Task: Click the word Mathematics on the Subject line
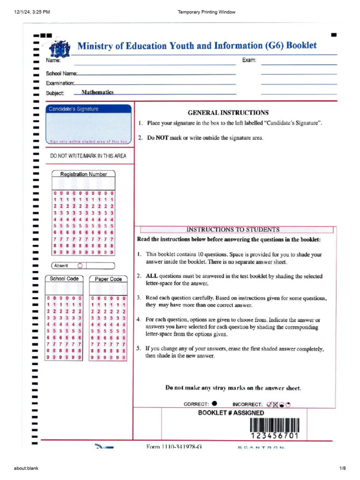tap(97, 93)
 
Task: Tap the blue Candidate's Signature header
tap(74, 109)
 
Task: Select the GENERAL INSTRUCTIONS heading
tap(228, 112)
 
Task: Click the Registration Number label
tap(83, 174)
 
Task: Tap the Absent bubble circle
tap(80, 265)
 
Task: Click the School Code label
tap(64, 279)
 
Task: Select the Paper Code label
tap(108, 279)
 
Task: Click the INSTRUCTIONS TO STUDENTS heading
tap(233, 230)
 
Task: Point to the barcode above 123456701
tap(274, 425)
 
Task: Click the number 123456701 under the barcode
tap(274, 436)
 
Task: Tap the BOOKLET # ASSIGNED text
tap(231, 413)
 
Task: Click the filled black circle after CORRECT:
tap(214, 403)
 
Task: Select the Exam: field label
tap(249, 60)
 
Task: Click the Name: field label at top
tap(53, 60)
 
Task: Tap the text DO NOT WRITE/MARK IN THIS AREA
tap(88, 156)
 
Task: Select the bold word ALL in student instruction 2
tap(152, 276)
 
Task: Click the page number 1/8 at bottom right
tap(342, 468)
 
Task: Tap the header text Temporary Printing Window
tap(207, 12)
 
